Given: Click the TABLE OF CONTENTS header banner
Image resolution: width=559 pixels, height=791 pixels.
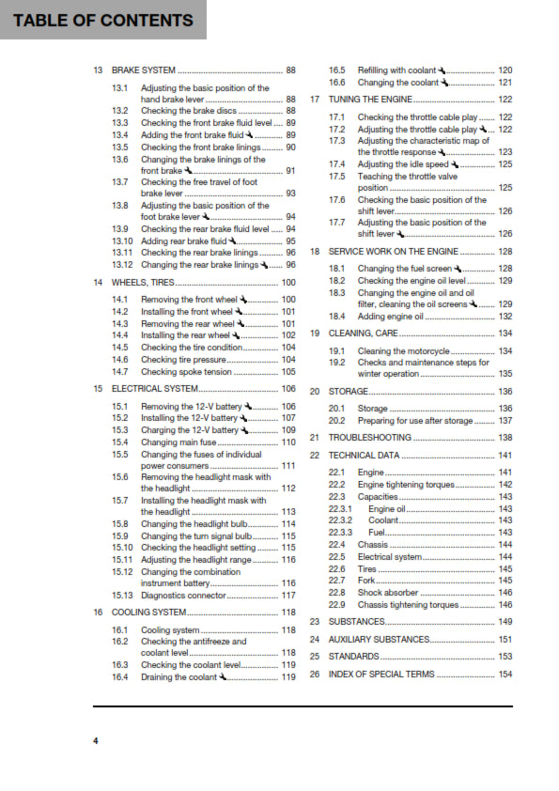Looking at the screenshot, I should coord(103,20).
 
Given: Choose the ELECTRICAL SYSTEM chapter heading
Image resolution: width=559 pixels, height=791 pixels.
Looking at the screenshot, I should coord(155,388).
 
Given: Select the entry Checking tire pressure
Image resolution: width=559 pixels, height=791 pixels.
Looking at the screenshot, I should coord(183,359).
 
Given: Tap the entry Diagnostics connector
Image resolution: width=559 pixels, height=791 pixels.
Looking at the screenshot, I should coord(184,595).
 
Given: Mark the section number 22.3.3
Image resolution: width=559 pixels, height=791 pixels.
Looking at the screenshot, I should coord(340,533).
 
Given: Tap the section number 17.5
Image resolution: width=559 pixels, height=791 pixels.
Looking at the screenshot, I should coord(337,177).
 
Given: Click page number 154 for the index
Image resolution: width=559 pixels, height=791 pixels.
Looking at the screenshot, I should coord(505,675).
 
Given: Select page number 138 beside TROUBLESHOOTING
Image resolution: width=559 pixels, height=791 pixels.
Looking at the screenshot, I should coord(505,438).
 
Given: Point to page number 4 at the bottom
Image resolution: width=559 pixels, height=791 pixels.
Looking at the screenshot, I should coord(95,742).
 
